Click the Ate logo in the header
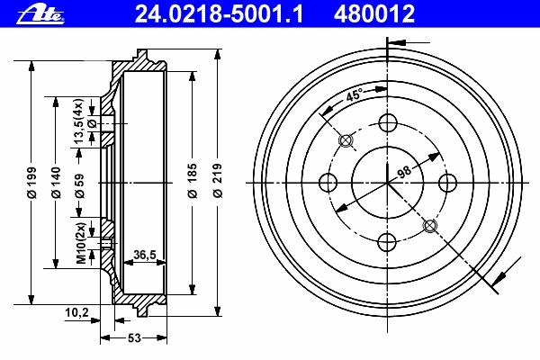click(x=40, y=15)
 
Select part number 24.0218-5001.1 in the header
click(x=219, y=14)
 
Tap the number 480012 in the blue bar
click(x=374, y=14)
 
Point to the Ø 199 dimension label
click(x=32, y=183)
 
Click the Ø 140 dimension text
click(x=56, y=183)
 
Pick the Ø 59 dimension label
click(x=79, y=185)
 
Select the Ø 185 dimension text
click(x=193, y=181)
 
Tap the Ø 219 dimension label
click(x=217, y=181)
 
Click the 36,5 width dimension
click(x=145, y=255)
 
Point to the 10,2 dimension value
click(x=76, y=313)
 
